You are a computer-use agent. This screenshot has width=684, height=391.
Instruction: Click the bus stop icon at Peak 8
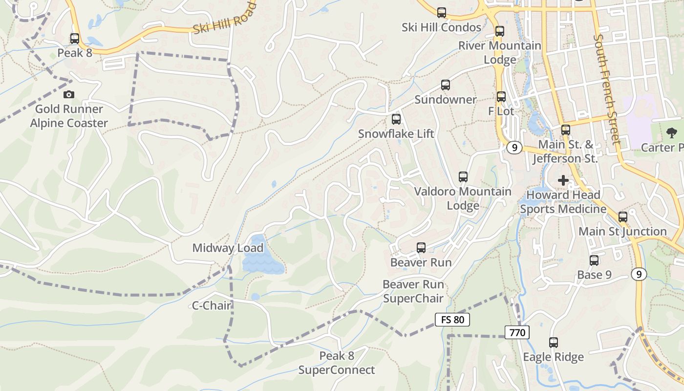pos(75,38)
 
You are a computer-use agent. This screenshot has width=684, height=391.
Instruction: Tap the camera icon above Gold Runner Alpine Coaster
pos(69,94)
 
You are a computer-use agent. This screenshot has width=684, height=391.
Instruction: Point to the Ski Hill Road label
pos(225,19)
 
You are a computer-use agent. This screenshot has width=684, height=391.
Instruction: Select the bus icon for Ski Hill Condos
pos(442,13)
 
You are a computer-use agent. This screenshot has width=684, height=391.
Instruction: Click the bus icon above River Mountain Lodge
pos(500,31)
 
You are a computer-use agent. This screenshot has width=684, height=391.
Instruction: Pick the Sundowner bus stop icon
pos(446,85)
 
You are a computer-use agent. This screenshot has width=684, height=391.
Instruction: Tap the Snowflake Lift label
pos(396,134)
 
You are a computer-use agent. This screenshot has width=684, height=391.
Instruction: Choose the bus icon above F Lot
pos(501,97)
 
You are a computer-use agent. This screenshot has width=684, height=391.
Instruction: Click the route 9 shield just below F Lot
pos(514,148)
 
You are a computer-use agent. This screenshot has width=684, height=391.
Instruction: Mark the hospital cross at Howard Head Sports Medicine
pos(563,180)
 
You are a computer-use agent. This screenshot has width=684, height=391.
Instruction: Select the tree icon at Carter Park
pos(672,132)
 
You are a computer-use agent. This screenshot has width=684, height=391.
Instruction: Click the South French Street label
pos(606,89)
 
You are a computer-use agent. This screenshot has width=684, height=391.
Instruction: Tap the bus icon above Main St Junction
pos(623,217)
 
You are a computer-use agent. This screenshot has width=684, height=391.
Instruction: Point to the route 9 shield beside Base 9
pos(639,274)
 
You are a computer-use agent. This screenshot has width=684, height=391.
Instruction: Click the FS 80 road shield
pos(452,320)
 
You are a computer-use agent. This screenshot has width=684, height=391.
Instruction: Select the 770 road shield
pos(517,333)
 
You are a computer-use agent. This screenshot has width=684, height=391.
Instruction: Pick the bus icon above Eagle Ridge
pos(554,343)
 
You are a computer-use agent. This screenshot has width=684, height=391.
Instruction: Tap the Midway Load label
pos(228,248)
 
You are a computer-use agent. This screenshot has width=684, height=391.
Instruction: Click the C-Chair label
pos(211,306)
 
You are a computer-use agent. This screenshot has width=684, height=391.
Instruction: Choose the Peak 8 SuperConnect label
pos(337,363)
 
